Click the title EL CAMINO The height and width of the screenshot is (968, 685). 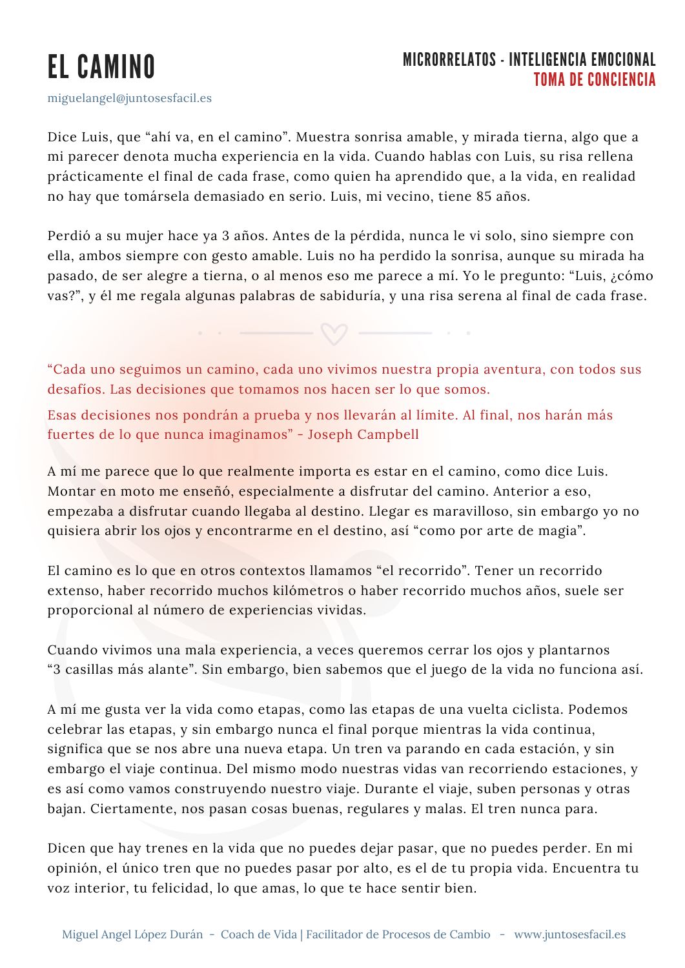(x=101, y=67)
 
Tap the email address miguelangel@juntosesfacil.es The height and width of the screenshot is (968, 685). (x=129, y=98)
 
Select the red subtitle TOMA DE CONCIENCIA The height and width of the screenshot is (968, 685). (x=594, y=80)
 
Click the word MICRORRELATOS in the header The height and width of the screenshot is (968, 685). (x=449, y=60)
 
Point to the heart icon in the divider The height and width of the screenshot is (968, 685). (x=334, y=333)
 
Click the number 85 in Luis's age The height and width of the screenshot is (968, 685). (x=484, y=196)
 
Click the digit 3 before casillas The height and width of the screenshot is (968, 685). (x=57, y=669)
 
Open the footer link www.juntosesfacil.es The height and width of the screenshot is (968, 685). (x=569, y=934)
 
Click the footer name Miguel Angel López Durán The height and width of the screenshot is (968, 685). (x=132, y=934)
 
